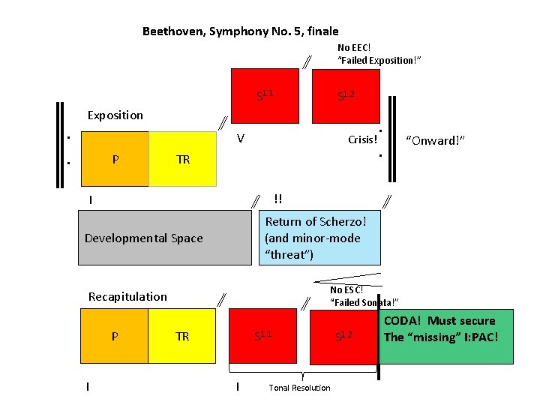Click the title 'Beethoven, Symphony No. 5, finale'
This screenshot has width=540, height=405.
tap(240, 31)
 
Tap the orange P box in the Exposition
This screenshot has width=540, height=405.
tap(114, 159)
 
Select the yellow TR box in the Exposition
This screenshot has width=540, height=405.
tap(183, 159)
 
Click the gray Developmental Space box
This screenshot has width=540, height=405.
tap(164, 238)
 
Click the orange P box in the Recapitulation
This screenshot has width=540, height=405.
tap(114, 337)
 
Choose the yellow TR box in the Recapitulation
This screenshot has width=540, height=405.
tap(183, 337)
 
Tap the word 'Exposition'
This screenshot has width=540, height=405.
tap(115, 115)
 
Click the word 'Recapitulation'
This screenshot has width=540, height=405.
tap(127, 296)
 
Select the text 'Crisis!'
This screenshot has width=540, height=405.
tap(362, 140)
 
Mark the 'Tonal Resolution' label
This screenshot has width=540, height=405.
tap(299, 388)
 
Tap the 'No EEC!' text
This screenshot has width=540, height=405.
tap(354, 48)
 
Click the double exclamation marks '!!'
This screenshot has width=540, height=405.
tap(278, 199)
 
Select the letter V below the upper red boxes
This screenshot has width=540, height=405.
tap(240, 139)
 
